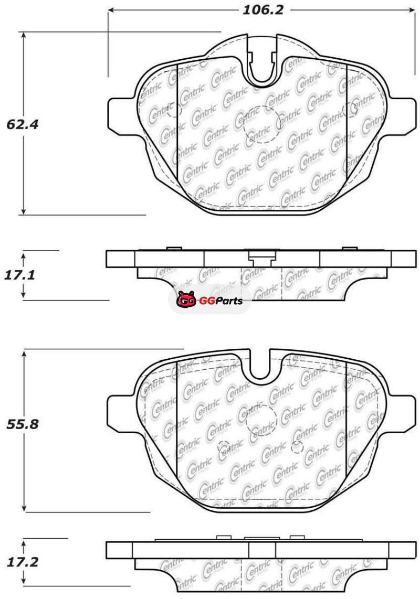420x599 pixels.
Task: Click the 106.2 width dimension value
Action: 263,10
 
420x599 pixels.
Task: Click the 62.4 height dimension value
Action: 22,124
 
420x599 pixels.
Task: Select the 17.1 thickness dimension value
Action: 19,275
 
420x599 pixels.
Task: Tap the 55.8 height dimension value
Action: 23,424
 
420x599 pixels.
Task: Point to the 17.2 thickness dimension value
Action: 23,562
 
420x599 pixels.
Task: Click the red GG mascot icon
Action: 186,299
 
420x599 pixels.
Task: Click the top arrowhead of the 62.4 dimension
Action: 24,36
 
